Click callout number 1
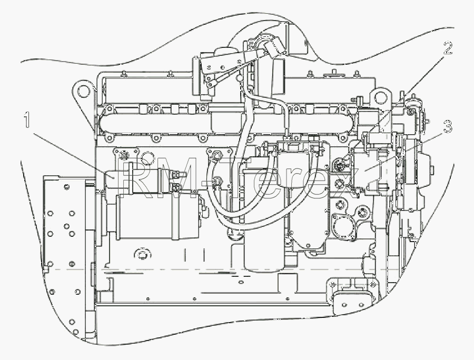coord(27,119)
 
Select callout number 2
coord(448,48)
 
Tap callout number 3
coord(448,126)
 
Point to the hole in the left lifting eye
coord(82,91)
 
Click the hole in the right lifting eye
coord(380,97)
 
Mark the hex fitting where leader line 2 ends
coord(338,165)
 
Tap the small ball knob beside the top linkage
coord(240,78)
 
